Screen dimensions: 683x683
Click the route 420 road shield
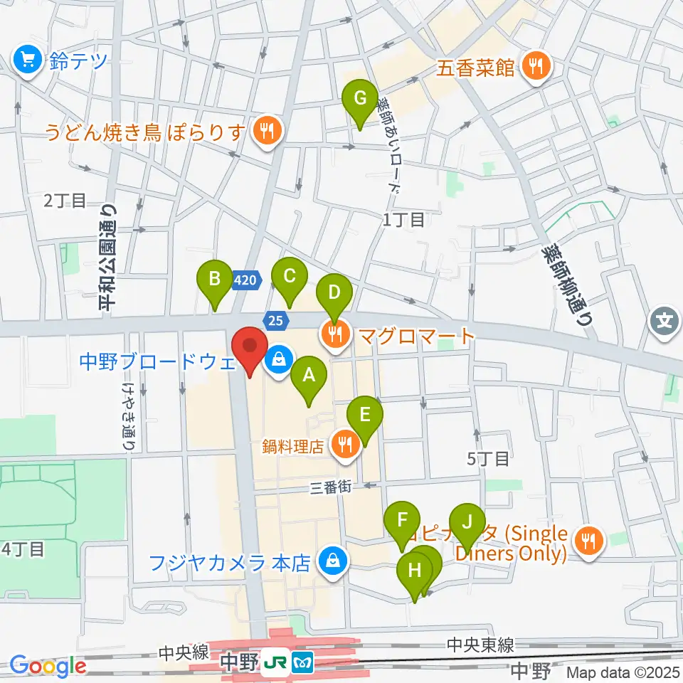click(x=244, y=282)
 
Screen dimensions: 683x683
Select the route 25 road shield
click(x=275, y=320)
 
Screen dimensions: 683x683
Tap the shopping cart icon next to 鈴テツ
click(x=28, y=61)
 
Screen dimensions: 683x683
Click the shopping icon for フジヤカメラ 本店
click(x=331, y=562)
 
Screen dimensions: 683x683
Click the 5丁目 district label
click(x=488, y=459)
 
